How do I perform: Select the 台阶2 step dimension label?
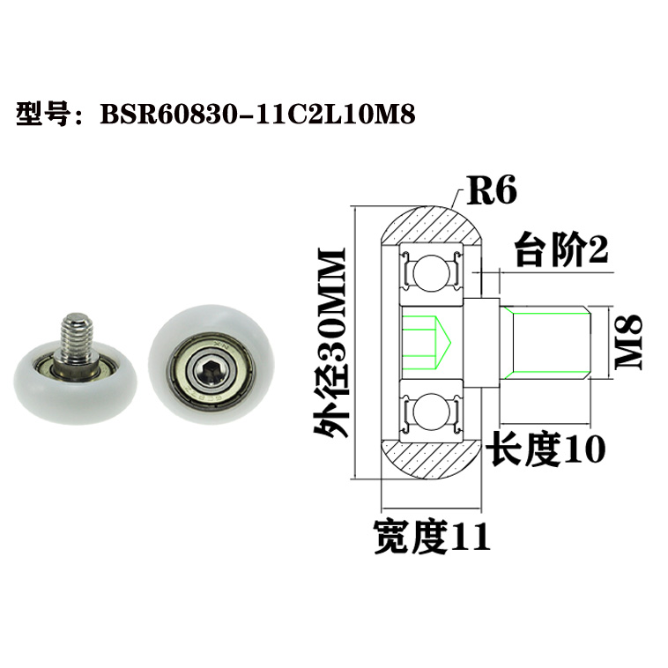[x=561, y=252]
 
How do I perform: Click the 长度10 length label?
[x=546, y=450]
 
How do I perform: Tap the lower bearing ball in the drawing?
[x=431, y=412]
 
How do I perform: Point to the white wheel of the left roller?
[x=35, y=388]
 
